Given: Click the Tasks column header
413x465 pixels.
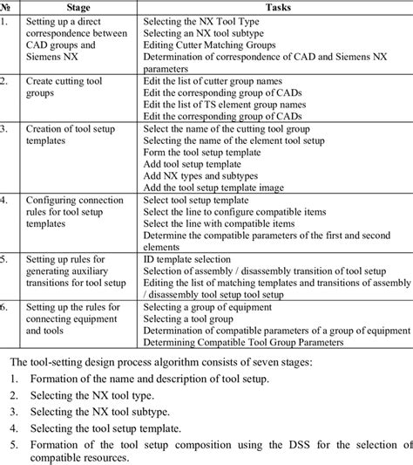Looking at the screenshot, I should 274,7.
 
